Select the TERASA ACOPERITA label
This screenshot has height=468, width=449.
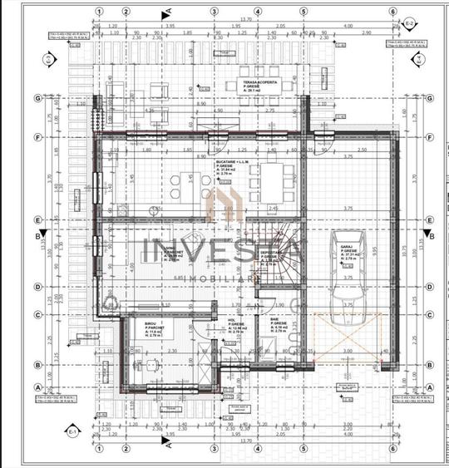(x=259, y=84)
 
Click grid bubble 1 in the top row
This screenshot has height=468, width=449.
(x=97, y=12)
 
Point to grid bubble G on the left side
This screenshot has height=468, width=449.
(x=37, y=98)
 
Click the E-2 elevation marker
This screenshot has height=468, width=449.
(x=410, y=22)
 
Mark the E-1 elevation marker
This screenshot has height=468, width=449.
(x=72, y=431)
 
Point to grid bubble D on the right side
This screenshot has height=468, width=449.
(x=430, y=286)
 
